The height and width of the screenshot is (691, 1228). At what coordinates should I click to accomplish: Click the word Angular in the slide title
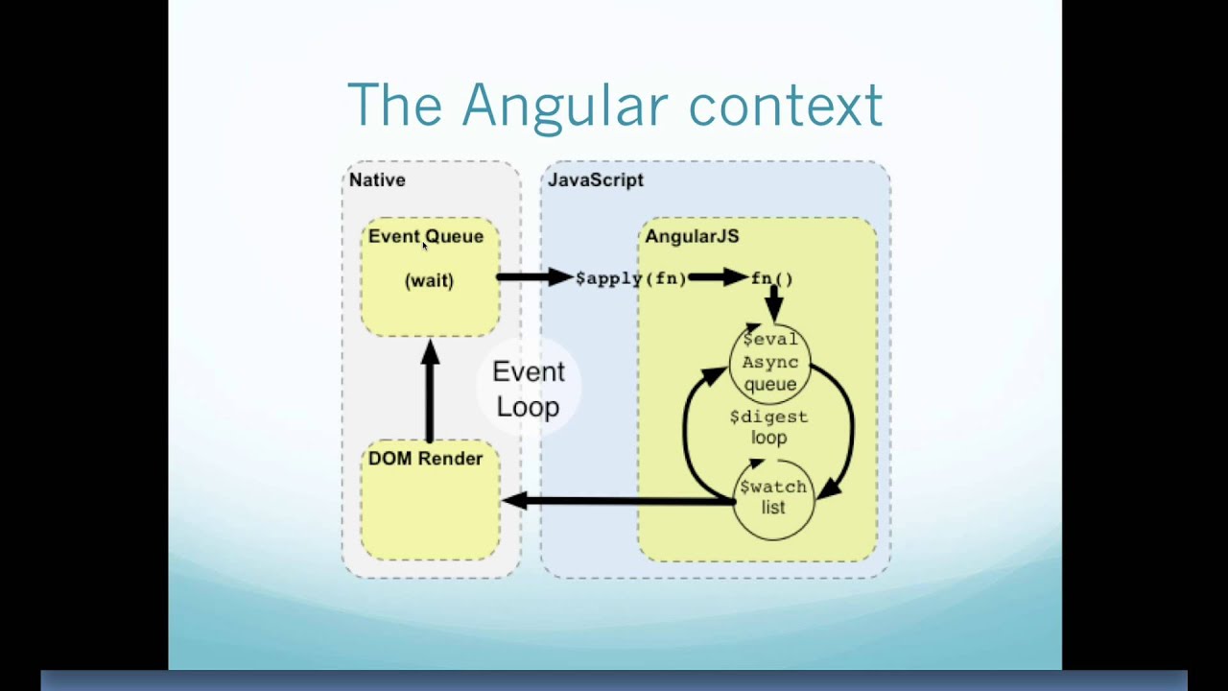coord(563,105)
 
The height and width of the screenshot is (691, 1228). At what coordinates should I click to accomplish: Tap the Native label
coord(377,179)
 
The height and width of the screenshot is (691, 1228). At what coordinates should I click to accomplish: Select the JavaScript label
coord(595,179)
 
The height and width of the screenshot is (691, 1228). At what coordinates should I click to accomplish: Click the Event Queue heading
coord(425,236)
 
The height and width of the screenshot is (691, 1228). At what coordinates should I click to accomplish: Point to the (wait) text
coord(429,280)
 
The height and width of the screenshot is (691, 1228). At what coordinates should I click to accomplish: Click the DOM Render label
coord(425,459)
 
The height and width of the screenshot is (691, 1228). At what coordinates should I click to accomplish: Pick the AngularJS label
coord(691,236)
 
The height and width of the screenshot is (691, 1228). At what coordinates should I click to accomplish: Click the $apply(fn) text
coord(630,278)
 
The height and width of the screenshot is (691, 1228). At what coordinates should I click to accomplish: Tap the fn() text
coord(772,278)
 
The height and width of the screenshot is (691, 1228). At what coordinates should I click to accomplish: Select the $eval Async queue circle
coord(770,362)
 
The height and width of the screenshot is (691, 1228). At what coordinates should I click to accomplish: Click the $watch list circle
coord(773,497)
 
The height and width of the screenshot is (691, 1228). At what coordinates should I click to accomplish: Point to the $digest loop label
coord(769,427)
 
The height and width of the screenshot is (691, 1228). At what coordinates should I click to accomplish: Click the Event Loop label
coord(528,389)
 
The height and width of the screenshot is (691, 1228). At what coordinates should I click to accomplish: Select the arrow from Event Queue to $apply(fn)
coord(534,277)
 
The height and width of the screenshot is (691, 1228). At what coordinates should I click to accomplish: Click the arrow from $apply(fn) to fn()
coord(718,278)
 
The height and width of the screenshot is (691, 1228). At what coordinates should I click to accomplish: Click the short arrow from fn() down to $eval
coord(773,303)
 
